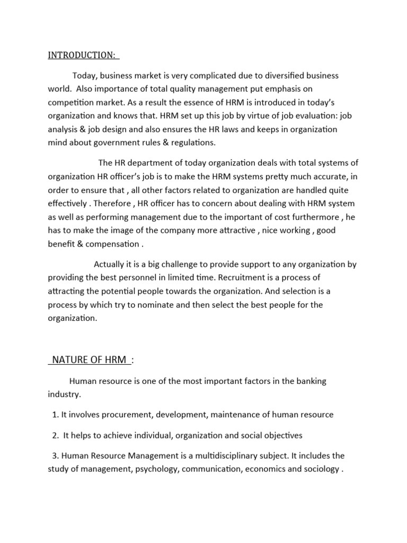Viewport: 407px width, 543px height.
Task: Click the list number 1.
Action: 55,415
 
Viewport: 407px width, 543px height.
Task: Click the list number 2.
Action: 55,435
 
